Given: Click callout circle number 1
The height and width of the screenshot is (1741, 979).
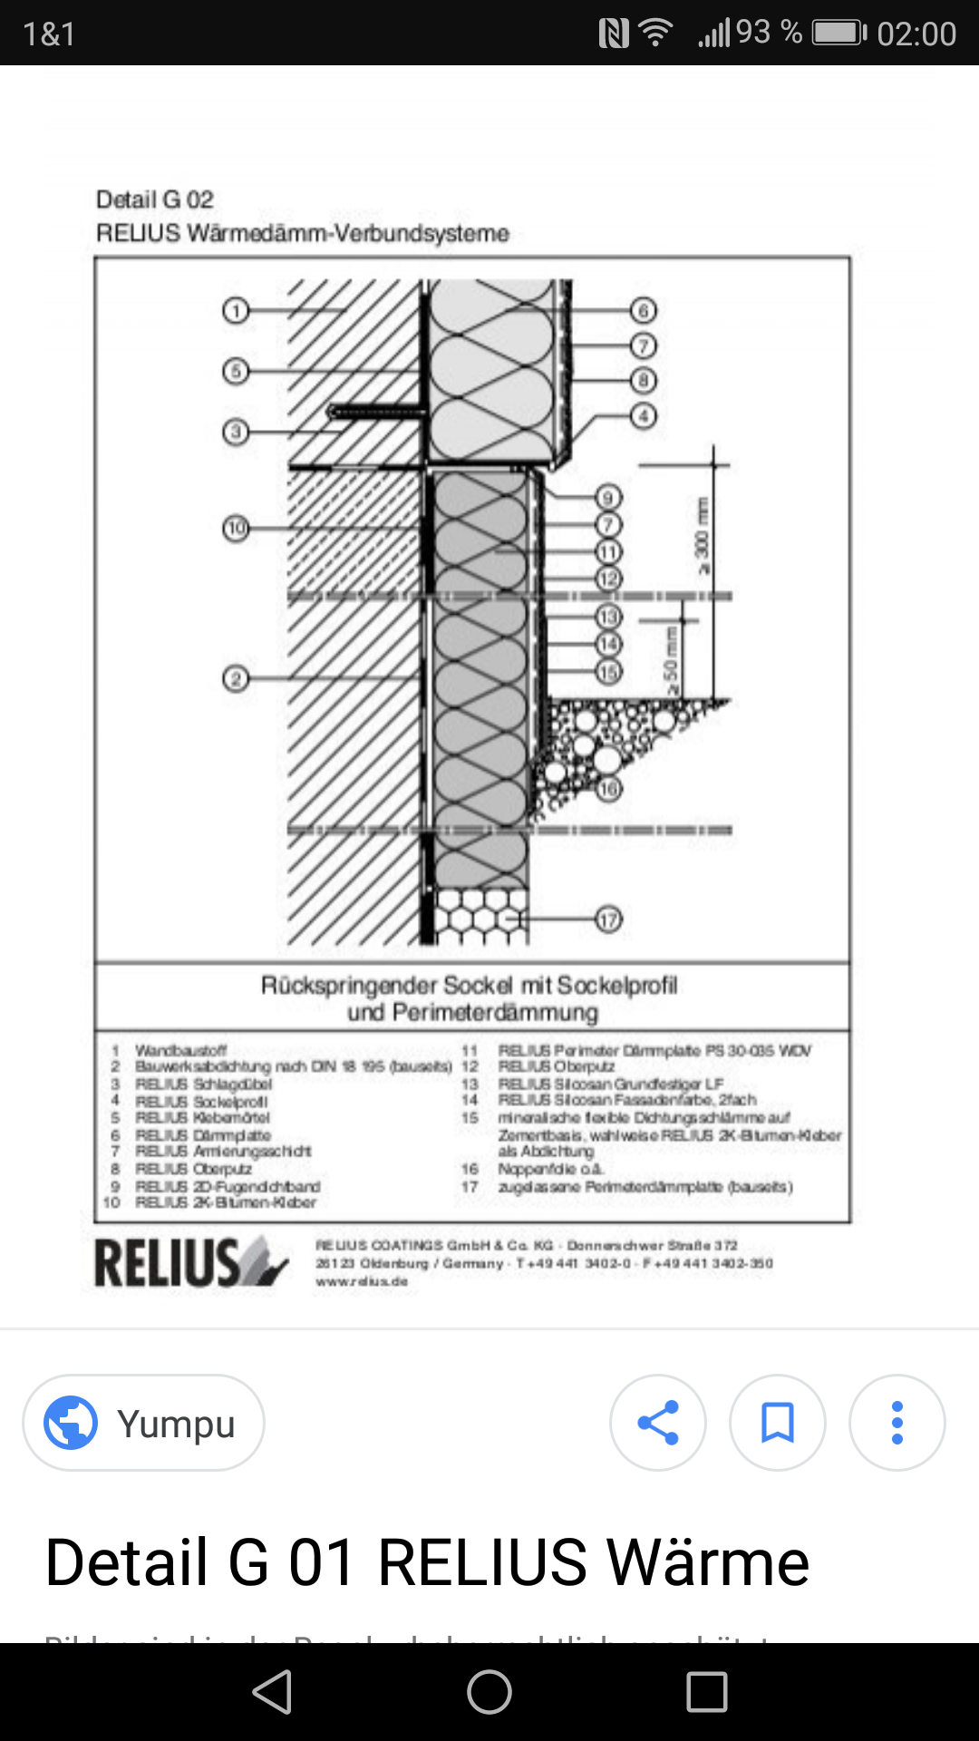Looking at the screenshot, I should pyautogui.click(x=235, y=311).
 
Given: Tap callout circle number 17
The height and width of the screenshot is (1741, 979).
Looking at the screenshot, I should pyautogui.click(x=608, y=919).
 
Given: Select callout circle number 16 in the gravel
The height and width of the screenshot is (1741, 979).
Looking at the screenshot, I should pyautogui.click(x=608, y=788).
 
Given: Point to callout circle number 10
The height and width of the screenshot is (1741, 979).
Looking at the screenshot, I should pyautogui.click(x=236, y=528).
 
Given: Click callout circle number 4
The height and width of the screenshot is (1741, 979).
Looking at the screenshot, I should pyautogui.click(x=644, y=416).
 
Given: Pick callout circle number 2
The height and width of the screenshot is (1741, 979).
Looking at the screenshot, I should pyautogui.click(x=235, y=678).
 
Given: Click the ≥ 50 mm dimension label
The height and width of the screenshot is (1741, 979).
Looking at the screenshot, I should pyautogui.click(x=671, y=660).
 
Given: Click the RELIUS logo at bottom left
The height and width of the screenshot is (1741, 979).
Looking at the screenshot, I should pyautogui.click(x=190, y=1262).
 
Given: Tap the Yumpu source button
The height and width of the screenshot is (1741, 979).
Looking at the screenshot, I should pyautogui.click(x=143, y=1423).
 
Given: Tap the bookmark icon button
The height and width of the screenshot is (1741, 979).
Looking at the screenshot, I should pyautogui.click(x=777, y=1423).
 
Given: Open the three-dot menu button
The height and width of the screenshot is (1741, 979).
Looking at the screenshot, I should pyautogui.click(x=897, y=1423).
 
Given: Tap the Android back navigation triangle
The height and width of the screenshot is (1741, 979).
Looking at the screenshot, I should pyautogui.click(x=272, y=1692).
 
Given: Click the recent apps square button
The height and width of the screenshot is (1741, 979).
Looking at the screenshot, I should pyautogui.click(x=707, y=1692).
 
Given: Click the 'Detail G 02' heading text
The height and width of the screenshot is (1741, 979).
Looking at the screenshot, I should pyautogui.click(x=155, y=199).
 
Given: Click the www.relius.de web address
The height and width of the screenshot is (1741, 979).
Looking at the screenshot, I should pyautogui.click(x=362, y=1281).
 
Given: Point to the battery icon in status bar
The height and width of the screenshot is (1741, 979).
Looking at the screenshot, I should pyautogui.click(x=838, y=34).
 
